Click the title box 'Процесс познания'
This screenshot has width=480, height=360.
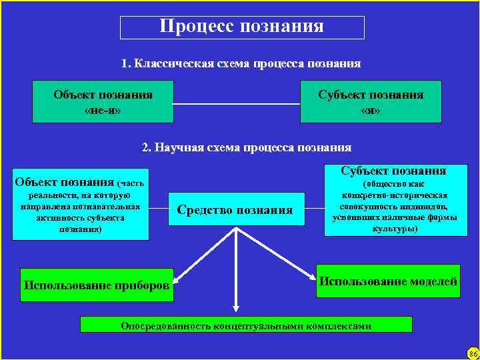pos(242,27)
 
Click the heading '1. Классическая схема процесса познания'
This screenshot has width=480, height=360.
pos(241,64)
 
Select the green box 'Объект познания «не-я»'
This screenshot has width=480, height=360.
pos(103,101)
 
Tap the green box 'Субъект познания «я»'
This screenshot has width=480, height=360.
pos(371,101)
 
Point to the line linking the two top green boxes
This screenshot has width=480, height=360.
pos(237,104)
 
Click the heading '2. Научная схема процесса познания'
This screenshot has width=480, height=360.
pos(247,147)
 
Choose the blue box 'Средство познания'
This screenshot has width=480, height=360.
pos(235,211)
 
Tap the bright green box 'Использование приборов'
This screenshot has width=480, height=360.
pos(97,285)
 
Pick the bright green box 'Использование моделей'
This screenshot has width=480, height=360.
pos(389,281)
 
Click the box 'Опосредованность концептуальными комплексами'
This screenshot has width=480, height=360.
pos(246,325)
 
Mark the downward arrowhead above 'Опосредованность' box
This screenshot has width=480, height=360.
pos(235,308)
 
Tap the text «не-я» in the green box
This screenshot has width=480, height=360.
pos(103,110)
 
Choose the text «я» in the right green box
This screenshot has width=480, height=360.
pos(371,110)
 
